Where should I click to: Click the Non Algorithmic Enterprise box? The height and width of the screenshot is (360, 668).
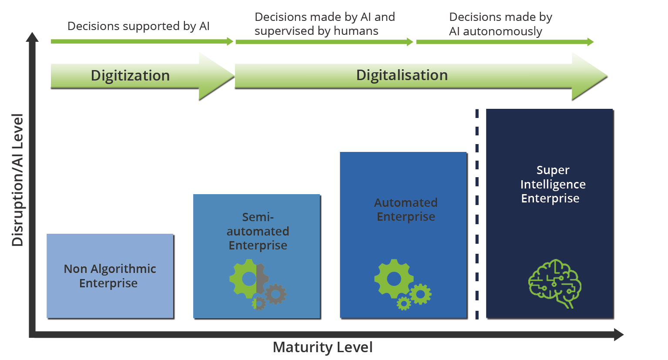tap(110, 276)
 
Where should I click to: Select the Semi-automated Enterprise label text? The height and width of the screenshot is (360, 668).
tap(258, 231)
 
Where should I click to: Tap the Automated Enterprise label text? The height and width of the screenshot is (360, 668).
tap(406, 209)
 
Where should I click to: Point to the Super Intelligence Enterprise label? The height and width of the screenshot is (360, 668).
tap(553, 184)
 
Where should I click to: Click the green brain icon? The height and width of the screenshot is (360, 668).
tap(555, 283)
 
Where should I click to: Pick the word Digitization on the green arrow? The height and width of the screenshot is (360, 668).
tap(130, 75)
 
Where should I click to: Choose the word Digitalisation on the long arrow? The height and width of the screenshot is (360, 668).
tap(402, 75)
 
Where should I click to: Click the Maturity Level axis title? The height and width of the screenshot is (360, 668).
tap(322, 347)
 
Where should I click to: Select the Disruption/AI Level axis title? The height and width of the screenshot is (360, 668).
tap(17, 180)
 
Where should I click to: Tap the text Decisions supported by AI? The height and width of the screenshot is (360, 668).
tap(138, 26)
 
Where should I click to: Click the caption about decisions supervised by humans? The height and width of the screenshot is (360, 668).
tap(325, 24)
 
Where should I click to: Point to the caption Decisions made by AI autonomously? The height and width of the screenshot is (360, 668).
tap(501, 24)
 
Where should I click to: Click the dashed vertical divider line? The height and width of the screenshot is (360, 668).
tap(477, 214)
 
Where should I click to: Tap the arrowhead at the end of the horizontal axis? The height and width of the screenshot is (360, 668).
tap(619, 334)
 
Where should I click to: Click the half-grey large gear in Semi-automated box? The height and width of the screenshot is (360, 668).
tap(248, 279)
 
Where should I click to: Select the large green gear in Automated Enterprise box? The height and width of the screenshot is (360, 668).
tap(394, 279)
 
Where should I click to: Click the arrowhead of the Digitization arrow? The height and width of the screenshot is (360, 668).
tap(217, 76)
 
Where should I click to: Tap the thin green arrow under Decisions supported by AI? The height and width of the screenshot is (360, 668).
tap(142, 41)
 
